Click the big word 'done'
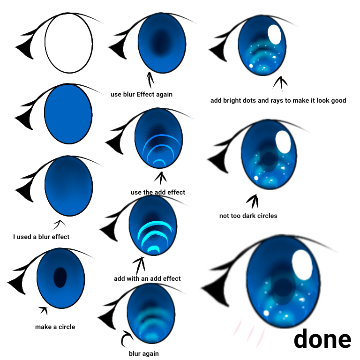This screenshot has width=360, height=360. point(322,339)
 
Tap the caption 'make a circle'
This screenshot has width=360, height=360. point(55,327)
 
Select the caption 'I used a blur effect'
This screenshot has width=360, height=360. point(41,237)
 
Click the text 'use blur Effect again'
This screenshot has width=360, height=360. point(142,94)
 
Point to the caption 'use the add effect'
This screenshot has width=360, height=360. point(158,192)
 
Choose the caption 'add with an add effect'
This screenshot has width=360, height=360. point(147,278)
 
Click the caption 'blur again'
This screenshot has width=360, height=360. point(144,353)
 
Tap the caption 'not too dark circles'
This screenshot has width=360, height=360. point(248,216)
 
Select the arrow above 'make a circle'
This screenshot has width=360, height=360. point(44,310)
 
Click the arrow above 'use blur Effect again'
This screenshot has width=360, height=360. point(150,80)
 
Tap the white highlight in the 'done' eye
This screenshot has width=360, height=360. point(302,265)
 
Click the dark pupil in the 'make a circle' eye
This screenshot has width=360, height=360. point(60,277)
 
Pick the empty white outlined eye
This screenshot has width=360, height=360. point(68,44)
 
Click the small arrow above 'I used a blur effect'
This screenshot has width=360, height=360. point(59,225)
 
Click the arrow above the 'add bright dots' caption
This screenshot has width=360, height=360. point(281,83)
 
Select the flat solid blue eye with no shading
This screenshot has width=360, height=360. point(68,114)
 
